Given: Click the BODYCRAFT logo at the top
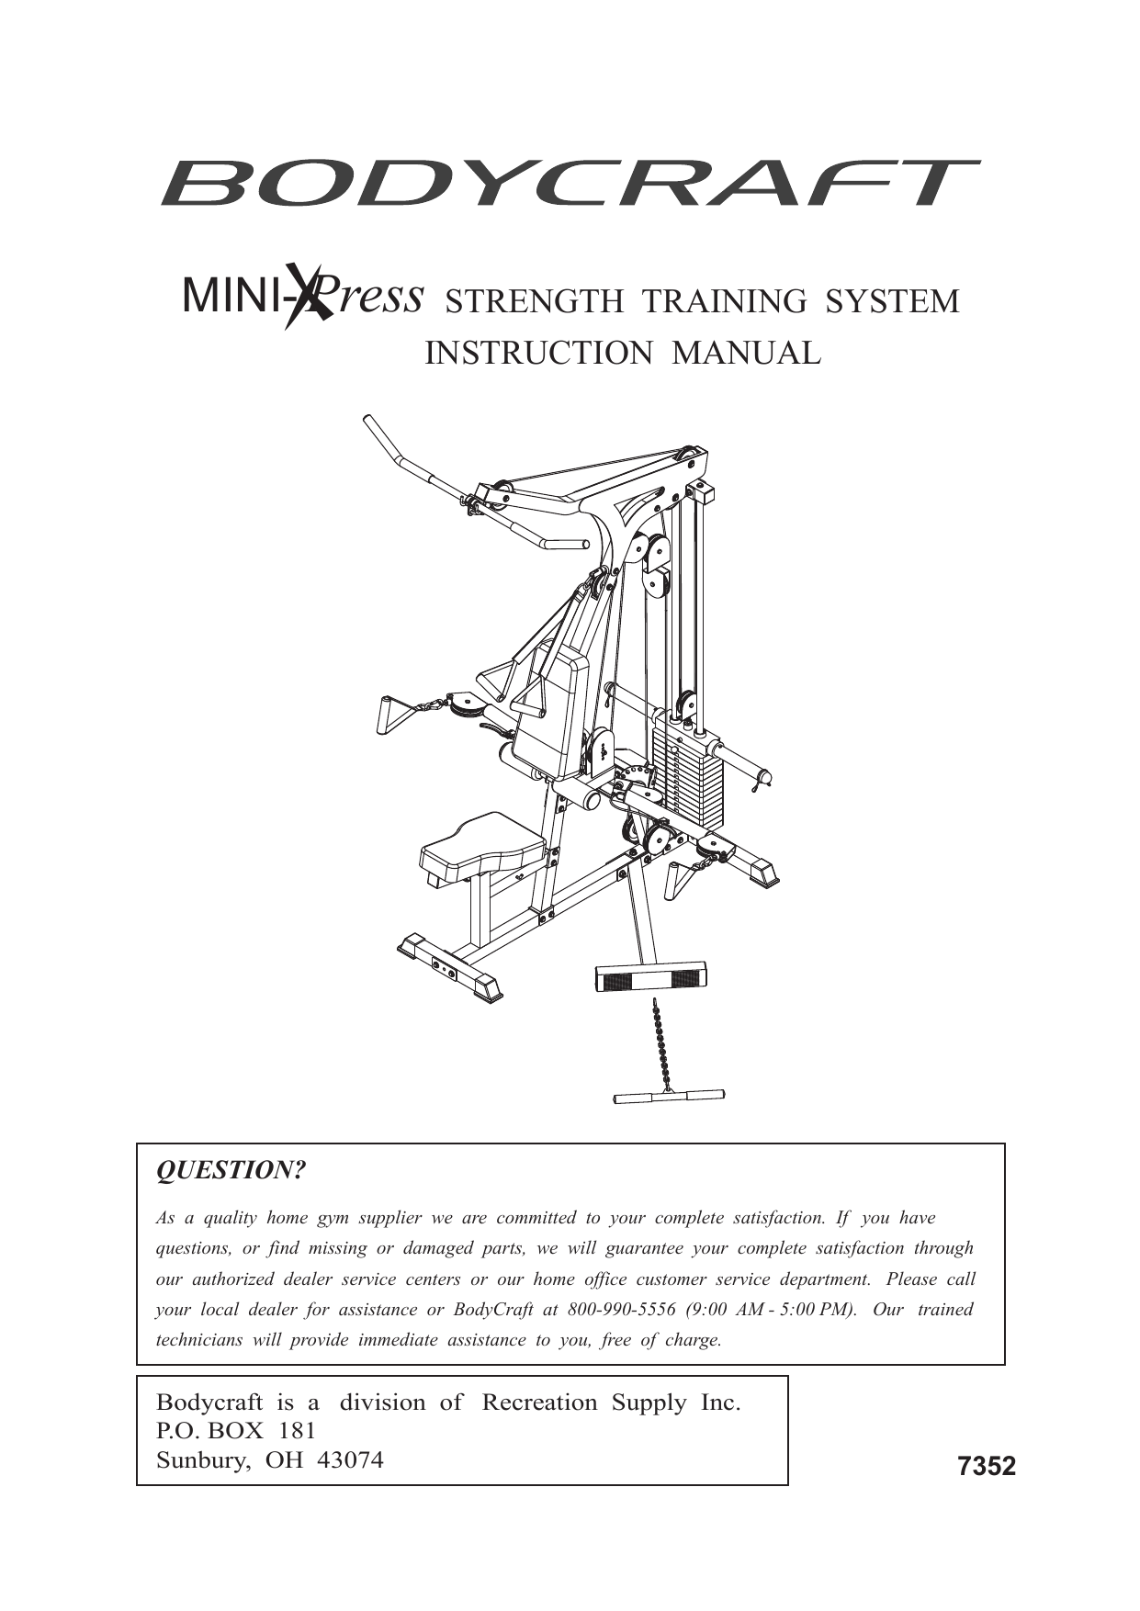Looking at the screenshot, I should tap(570, 183).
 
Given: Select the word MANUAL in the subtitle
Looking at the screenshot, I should tap(746, 353).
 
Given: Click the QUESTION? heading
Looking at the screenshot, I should tap(231, 1171).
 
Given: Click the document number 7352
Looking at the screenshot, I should tap(987, 1467).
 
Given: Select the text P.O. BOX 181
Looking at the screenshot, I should tap(236, 1431).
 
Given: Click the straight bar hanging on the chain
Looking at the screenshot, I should tap(669, 1096).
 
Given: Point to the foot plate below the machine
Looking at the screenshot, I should tap(650, 976).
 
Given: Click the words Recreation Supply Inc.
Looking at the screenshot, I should tap(611, 1403).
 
